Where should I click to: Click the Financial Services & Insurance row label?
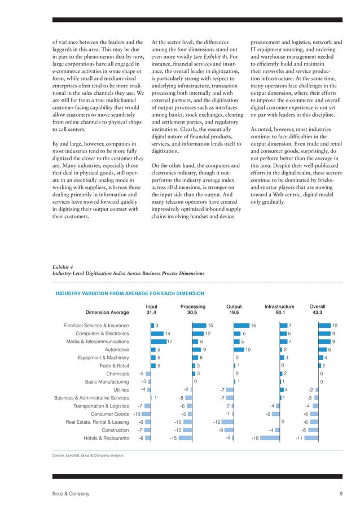coord(96,326)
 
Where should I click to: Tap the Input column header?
coord(151,307)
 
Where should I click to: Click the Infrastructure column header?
coord(279,307)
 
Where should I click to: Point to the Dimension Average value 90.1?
coord(279,313)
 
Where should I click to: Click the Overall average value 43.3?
coord(317,313)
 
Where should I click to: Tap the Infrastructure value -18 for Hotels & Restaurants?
coord(255,438)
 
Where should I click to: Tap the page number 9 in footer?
coord(341,494)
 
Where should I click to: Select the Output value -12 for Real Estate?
coord(216,422)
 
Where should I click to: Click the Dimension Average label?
coord(107,313)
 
